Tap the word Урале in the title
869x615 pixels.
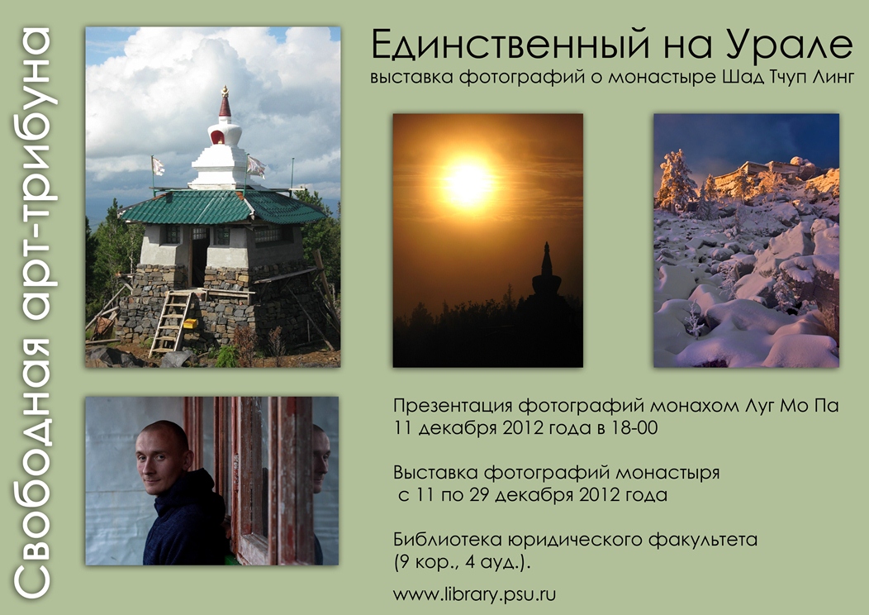click(787, 45)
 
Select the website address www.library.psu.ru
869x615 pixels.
click(474, 595)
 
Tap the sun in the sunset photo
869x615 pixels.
click(468, 180)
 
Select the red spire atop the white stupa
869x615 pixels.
click(225, 102)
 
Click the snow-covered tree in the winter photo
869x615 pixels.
click(675, 182)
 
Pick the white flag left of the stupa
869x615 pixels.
click(158, 165)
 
